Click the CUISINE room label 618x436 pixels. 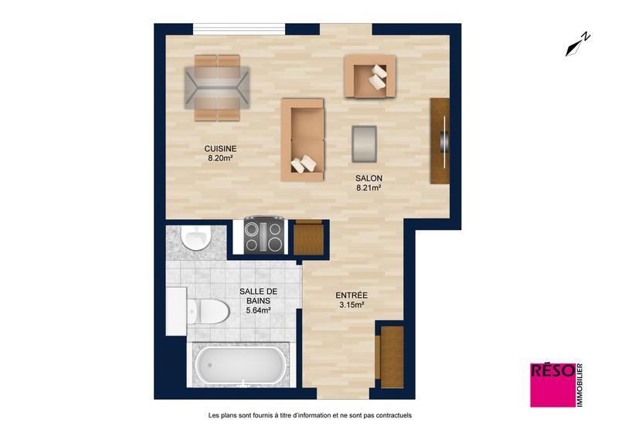220,148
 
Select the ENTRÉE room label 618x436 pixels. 351,295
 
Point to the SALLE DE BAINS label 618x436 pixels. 258,296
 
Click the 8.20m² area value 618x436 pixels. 220,158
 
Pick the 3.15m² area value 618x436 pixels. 351,305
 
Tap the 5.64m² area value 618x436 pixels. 258,310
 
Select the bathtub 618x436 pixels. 240,365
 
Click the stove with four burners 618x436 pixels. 263,235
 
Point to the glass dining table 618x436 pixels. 217,87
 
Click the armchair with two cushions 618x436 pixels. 370,76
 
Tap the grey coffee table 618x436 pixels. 365,143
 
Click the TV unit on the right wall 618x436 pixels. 440,140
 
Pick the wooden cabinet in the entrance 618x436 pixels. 392,357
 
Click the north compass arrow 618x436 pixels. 577,45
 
